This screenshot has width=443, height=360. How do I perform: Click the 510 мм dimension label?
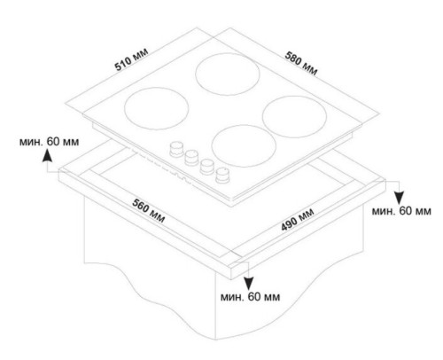[131, 59]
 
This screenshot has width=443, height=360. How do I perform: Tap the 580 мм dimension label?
[301, 63]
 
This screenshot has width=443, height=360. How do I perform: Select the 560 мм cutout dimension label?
[148, 211]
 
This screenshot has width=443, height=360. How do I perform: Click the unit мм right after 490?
[307, 214]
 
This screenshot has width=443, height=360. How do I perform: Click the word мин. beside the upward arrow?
[31, 142]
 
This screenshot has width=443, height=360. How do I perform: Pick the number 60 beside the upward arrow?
[53, 142]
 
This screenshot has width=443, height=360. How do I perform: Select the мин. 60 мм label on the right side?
[401, 211]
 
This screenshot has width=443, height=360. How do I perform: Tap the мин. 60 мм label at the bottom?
[251, 296]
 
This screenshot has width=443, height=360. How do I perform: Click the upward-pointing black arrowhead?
[47, 156]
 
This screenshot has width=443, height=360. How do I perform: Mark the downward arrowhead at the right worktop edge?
[400, 198]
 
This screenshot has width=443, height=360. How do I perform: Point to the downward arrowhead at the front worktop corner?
[249, 284]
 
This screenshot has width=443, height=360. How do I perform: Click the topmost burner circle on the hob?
[228, 74]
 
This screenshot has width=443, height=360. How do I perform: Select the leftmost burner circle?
[157, 108]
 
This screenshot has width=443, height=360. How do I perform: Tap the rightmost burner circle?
[294, 116]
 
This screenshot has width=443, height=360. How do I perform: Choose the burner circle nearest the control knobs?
[244, 145]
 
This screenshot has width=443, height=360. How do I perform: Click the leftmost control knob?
[176, 149]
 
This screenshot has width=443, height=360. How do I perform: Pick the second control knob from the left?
[191, 157]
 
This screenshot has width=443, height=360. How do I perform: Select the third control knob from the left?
[206, 166]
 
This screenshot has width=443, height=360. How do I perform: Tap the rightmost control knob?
[222, 175]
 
